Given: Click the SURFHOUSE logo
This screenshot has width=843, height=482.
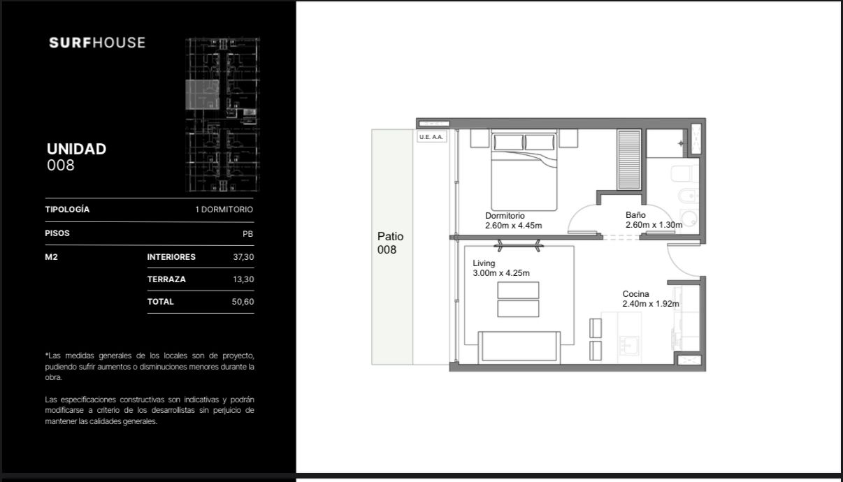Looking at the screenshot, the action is (97, 43).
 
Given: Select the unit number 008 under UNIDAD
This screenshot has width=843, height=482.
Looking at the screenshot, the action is (61, 166).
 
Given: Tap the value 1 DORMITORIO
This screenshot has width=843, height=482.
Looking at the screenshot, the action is (224, 210).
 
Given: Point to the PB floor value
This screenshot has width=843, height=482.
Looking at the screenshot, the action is (247, 234).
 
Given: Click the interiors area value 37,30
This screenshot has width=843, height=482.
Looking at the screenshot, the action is (243, 257).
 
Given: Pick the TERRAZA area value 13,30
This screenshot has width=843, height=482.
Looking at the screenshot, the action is (243, 279).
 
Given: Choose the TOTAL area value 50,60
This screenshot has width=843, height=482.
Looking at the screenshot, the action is (243, 302).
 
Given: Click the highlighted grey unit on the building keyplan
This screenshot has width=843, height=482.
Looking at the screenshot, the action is (203, 94).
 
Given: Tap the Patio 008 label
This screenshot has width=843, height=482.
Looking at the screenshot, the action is (390, 243).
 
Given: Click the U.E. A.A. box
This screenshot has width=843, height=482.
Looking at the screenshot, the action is (432, 137).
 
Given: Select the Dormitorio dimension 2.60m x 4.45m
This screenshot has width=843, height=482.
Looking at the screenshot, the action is (513, 226).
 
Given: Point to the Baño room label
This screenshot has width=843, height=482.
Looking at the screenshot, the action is (635, 215).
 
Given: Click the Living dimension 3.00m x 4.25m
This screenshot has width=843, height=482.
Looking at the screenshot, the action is (501, 273).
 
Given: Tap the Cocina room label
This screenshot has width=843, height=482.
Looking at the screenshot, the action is (635, 293).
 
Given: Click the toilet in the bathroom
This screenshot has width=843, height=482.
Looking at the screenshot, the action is (685, 174).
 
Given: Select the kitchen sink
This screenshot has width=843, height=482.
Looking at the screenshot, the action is (628, 345).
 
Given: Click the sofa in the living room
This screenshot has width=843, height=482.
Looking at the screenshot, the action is (519, 347).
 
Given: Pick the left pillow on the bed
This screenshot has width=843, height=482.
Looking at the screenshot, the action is (508, 143).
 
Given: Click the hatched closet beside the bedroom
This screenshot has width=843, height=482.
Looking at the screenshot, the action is (629, 160).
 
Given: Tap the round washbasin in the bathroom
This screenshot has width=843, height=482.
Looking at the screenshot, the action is (689, 219).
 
